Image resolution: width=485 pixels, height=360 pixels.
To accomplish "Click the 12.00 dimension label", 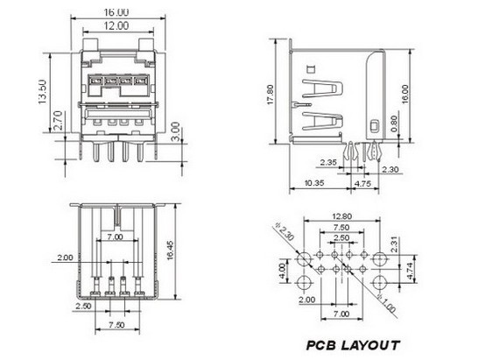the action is point(116,25).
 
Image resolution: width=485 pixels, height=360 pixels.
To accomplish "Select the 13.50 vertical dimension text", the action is point(42,92).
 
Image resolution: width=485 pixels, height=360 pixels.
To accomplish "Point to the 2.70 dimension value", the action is point(58,120).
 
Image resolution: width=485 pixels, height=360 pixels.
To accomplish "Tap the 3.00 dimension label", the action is point(175,131).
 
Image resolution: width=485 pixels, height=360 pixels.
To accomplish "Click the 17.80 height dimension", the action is point(270,95).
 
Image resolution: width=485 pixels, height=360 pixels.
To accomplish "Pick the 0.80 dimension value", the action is point(394,124).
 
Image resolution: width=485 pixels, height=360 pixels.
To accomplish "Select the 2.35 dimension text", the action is point(328,162).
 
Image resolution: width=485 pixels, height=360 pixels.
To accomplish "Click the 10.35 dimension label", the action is point(314,183).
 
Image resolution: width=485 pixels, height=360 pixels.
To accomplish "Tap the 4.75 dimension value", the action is point(362,184).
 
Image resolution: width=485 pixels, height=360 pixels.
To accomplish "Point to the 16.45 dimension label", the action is point(170,251).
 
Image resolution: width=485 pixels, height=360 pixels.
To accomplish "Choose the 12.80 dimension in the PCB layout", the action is point(341,216).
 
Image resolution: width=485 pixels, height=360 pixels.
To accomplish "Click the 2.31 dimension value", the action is point(394,244).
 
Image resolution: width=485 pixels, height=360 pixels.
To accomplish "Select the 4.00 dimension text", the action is point(282,271).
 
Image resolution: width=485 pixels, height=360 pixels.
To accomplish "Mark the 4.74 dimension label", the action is point(410,271).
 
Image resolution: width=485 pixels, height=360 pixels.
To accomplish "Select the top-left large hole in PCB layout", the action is point(304,258).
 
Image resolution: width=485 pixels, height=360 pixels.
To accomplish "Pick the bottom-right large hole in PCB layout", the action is point(379,282).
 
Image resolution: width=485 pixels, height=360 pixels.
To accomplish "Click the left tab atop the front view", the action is point(90,45).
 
